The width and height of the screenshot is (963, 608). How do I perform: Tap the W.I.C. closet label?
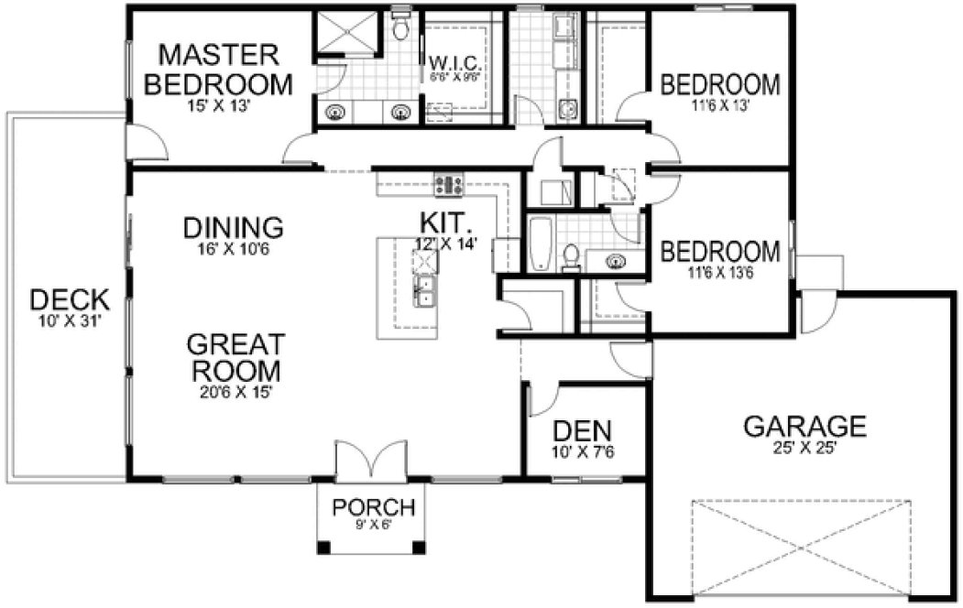click(x=450, y=63)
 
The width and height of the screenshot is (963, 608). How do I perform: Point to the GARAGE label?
click(x=804, y=426)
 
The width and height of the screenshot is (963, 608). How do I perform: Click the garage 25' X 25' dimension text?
click(x=804, y=449)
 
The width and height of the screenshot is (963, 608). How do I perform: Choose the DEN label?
click(x=583, y=430)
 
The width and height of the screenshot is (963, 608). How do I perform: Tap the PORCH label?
click(x=373, y=507)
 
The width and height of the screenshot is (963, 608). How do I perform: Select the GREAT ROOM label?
click(x=235, y=357)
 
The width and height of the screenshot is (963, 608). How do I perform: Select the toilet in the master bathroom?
click(x=399, y=28)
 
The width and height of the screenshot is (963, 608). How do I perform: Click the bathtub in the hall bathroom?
click(x=541, y=244)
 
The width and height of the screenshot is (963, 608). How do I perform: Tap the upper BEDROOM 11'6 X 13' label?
click(x=721, y=85)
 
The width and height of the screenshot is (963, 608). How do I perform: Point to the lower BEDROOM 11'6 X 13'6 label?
click(x=721, y=251)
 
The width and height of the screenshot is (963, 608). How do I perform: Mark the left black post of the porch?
click(x=323, y=548)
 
